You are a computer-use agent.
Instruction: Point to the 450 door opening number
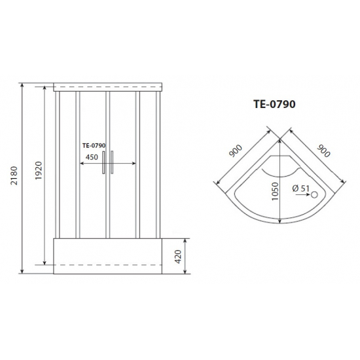92,157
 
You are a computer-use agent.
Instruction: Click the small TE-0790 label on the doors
94,147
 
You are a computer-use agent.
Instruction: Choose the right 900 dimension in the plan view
323,150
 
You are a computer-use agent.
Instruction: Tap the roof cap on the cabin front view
108,85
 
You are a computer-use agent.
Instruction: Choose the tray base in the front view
108,254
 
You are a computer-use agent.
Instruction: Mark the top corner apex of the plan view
280,139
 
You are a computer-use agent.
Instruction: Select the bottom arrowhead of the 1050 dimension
280,221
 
